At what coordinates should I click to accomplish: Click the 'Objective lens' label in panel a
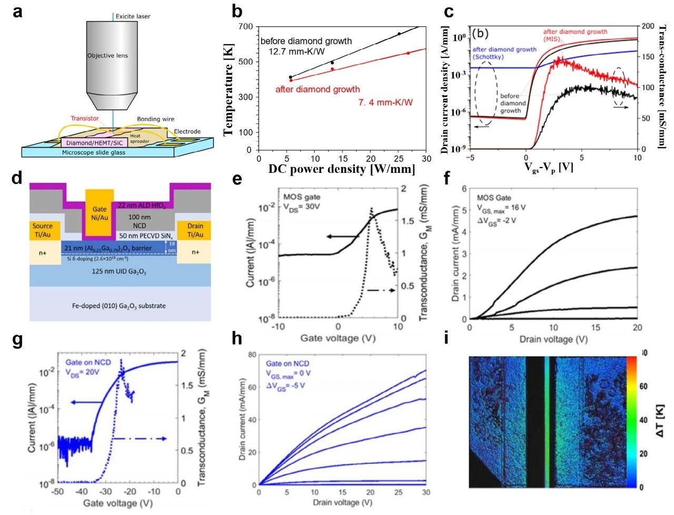click(x=107, y=55)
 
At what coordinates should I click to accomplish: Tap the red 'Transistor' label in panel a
click(x=85, y=119)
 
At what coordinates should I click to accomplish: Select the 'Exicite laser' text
click(x=133, y=16)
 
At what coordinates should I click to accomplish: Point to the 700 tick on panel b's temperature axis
click(x=245, y=27)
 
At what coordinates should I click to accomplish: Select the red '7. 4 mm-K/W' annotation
click(x=385, y=102)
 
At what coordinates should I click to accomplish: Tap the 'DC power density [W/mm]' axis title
click(x=342, y=169)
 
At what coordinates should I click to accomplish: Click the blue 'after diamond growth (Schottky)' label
click(x=504, y=53)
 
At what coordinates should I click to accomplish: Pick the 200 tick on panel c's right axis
click(x=648, y=26)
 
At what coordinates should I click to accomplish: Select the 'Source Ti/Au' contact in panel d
click(x=43, y=230)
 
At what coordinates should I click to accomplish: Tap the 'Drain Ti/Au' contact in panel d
click(x=195, y=230)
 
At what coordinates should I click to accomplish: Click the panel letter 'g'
click(x=17, y=339)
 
